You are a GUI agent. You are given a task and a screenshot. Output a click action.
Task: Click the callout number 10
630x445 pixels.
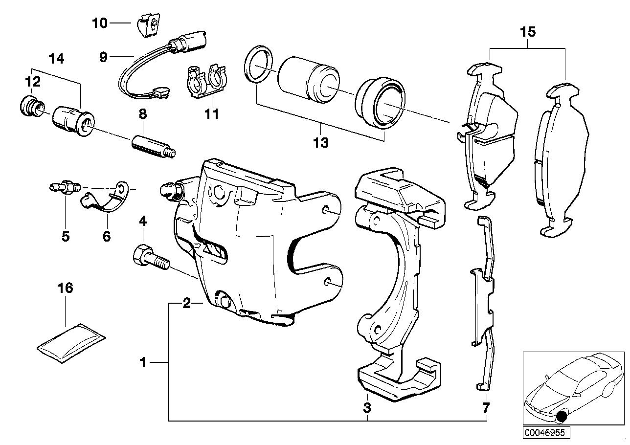(99, 23)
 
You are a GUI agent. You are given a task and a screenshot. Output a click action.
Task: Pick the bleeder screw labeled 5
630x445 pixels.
(64, 187)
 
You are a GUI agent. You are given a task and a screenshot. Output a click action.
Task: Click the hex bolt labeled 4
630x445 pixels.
(150, 259)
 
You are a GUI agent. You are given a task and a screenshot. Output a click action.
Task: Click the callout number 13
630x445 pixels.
(321, 143)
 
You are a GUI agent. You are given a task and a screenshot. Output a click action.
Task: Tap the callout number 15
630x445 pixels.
(528, 33)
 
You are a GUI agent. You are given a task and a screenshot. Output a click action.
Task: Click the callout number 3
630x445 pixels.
(367, 407)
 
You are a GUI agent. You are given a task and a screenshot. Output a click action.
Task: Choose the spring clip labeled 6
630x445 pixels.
(103, 200)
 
